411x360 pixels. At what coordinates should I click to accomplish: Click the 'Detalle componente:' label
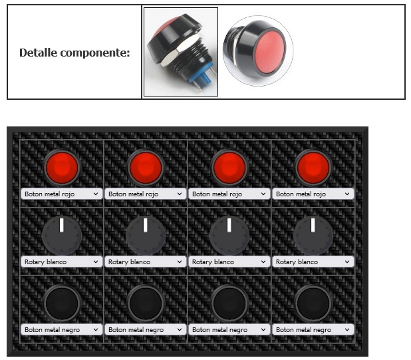(74, 53)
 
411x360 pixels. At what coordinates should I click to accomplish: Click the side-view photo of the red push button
(181, 52)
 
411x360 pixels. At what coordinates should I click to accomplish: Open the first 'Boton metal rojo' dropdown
(62, 194)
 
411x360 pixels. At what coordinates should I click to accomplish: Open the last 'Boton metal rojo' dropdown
(313, 194)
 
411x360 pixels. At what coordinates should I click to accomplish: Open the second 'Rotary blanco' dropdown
(146, 262)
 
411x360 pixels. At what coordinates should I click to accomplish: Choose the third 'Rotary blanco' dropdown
(229, 262)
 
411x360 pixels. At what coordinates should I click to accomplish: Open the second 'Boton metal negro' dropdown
(146, 329)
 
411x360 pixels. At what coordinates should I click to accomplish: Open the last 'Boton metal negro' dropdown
(313, 329)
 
